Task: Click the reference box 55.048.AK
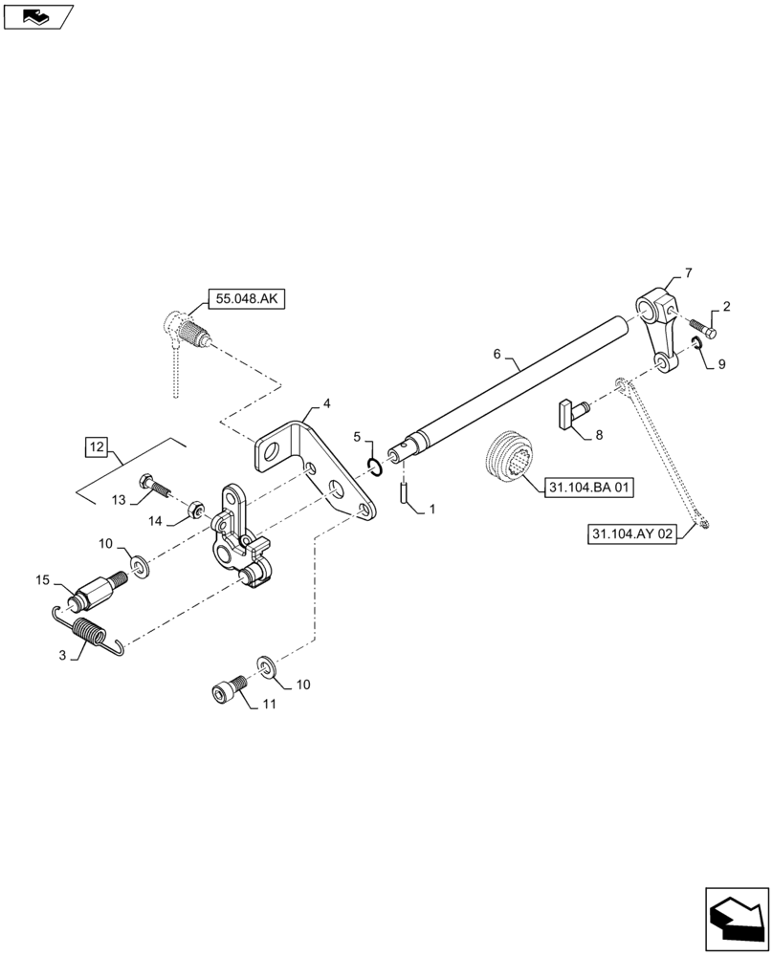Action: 245,298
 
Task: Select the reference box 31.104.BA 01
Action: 589,488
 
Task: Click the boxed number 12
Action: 96,446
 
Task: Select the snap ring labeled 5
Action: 376,466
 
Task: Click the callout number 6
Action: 497,354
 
